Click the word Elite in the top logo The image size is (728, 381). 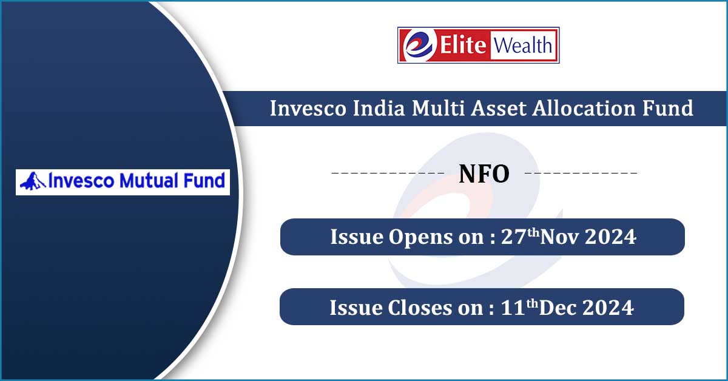463,45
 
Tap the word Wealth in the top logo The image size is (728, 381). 523,46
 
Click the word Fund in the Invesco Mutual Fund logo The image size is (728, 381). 204,180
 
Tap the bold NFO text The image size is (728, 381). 484,174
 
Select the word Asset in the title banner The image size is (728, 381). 499,108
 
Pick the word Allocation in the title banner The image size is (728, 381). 584,108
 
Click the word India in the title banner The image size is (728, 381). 379,108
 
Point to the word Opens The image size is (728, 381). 420,237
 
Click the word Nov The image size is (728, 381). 559,237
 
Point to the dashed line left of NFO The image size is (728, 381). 388,173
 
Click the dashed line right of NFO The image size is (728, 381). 581,173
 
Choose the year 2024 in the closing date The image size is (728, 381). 608,308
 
